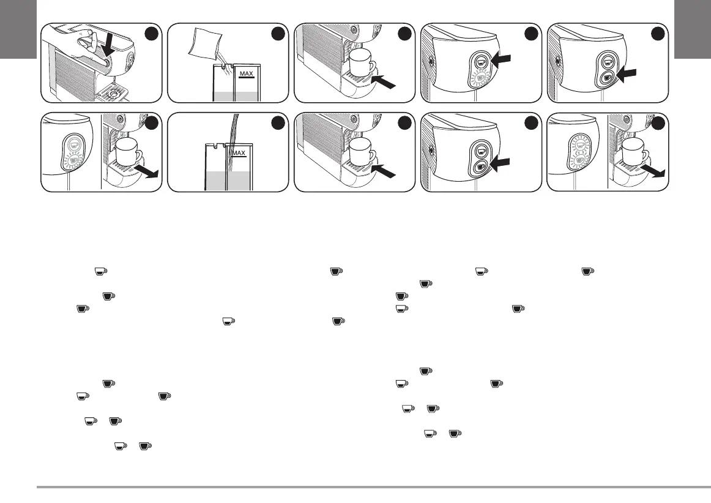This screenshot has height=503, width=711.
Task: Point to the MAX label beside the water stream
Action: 239,154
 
